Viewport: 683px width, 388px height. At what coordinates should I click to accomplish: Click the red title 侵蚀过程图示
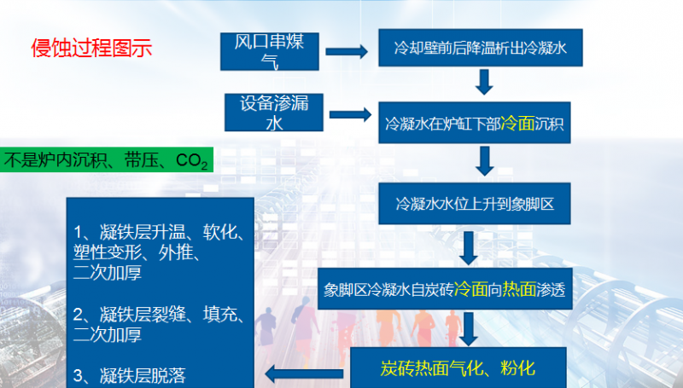(x=92, y=48)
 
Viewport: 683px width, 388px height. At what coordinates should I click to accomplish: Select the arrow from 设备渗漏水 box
(x=348, y=113)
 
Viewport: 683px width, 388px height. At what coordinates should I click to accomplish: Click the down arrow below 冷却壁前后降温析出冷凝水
(x=485, y=82)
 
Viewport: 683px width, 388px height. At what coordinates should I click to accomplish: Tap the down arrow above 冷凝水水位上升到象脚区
(x=485, y=159)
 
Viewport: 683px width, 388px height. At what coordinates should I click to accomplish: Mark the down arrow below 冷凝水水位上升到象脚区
(x=469, y=246)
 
